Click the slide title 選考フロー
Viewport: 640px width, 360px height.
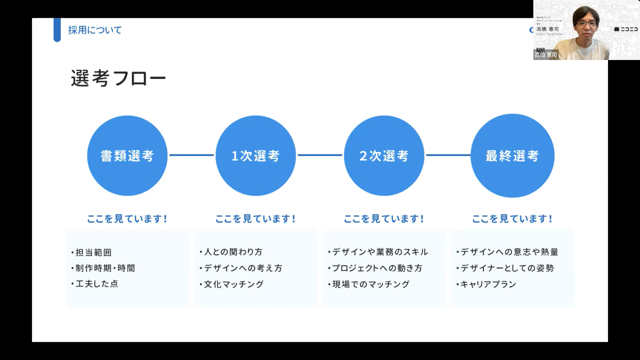[118, 79]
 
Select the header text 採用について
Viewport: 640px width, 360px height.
[95, 30]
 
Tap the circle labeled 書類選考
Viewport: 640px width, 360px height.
[127, 156]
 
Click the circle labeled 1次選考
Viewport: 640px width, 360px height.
[256, 156]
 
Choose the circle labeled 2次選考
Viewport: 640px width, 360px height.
[384, 156]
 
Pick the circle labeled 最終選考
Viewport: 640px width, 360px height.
[512, 156]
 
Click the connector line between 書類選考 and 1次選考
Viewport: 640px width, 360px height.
[192, 155]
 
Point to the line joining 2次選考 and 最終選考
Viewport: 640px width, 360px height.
[448, 155]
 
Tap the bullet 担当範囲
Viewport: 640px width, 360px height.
[93, 252]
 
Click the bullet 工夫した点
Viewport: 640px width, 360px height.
[96, 284]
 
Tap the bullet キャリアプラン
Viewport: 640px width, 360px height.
[488, 284]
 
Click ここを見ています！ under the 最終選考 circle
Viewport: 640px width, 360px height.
[512, 219]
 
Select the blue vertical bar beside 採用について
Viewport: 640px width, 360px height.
[57, 30]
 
